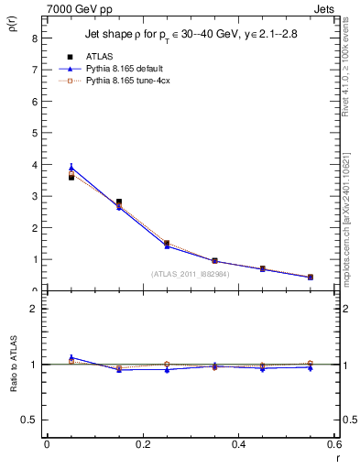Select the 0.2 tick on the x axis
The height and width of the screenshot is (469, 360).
tap(143, 444)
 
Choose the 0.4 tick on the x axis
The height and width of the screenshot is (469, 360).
tap(239, 444)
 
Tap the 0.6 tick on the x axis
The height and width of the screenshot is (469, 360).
tap(334, 444)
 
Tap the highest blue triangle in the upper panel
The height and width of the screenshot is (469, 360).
tap(71, 168)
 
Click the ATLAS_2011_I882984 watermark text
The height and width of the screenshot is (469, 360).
tap(190, 273)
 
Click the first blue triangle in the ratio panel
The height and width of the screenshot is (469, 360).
tap(71, 357)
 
